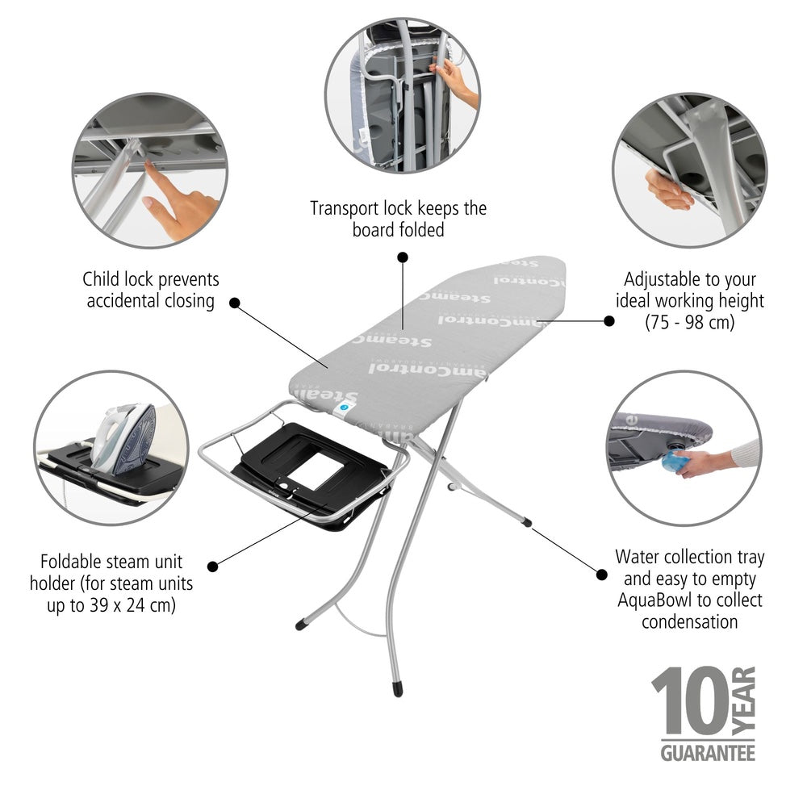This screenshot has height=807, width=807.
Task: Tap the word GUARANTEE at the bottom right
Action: coord(708,752)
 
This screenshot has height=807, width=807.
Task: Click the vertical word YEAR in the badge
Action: coord(746,700)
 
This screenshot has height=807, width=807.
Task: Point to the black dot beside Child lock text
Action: coord(235,303)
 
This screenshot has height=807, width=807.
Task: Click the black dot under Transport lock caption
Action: coord(403,257)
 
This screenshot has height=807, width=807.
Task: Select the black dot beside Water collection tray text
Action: coord(601,575)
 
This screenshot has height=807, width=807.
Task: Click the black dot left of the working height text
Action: coord(609,320)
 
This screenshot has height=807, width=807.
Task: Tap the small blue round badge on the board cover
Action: coord(345,409)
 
